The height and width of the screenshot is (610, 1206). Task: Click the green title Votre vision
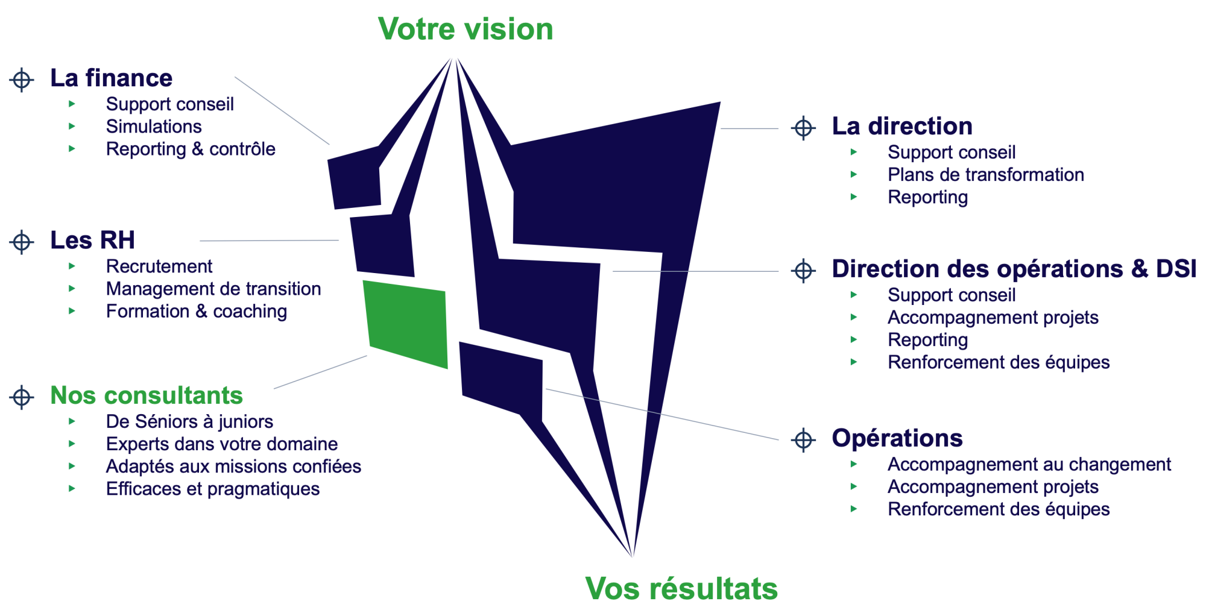(x=466, y=30)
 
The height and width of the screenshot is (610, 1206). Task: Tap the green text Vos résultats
(x=681, y=588)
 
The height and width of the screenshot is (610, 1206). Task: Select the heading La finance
(x=112, y=78)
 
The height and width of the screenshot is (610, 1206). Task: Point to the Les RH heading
(x=93, y=241)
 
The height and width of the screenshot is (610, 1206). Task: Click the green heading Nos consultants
(x=147, y=396)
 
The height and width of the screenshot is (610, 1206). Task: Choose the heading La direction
(x=902, y=127)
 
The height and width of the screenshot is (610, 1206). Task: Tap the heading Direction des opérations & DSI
(x=1014, y=269)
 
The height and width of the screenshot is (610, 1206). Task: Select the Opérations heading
(x=897, y=438)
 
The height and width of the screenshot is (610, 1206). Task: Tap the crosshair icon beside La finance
(x=22, y=80)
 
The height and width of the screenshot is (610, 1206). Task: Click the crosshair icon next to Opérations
(x=803, y=439)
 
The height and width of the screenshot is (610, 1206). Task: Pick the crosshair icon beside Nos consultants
(x=22, y=397)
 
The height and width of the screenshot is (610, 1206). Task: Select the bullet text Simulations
(x=154, y=127)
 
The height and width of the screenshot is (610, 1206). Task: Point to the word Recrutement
(x=159, y=266)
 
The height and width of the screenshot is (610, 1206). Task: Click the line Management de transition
(x=213, y=289)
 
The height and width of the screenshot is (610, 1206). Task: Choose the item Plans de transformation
(x=986, y=175)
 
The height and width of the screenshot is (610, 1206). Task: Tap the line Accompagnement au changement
(x=1029, y=465)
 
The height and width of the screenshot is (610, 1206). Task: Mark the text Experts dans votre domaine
(x=222, y=444)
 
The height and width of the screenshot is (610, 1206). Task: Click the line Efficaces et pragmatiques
(x=213, y=489)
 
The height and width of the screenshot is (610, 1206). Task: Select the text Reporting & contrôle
(x=191, y=149)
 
